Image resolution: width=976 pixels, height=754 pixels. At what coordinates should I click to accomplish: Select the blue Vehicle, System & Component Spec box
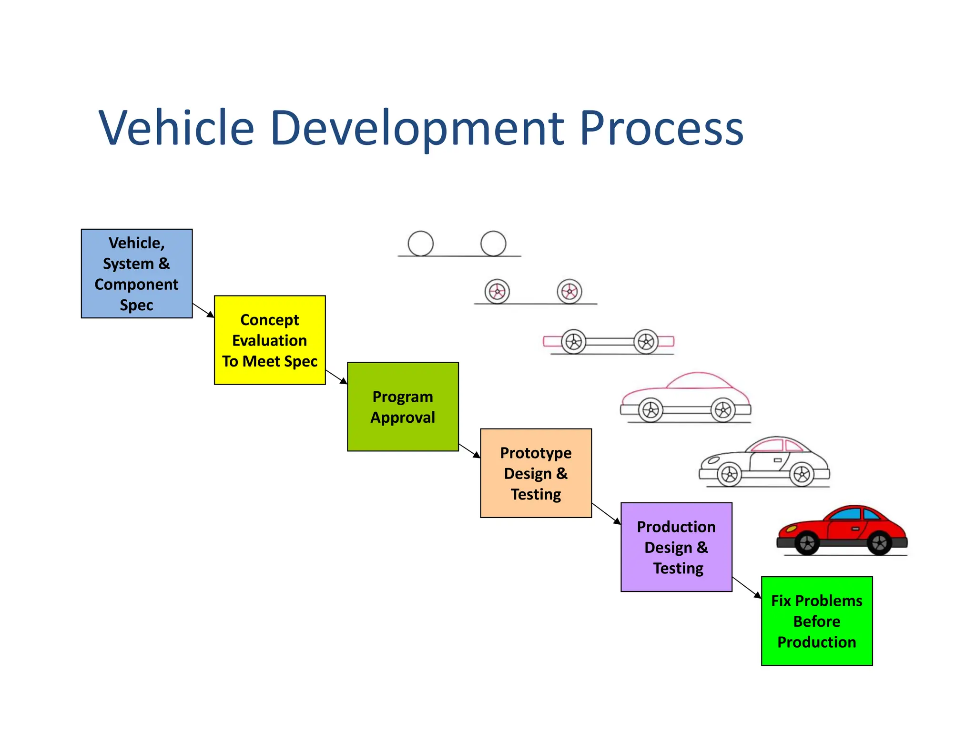(137, 274)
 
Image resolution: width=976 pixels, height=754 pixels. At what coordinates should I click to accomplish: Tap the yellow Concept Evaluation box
(270, 340)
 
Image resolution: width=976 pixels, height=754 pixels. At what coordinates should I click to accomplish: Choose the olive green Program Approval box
(403, 407)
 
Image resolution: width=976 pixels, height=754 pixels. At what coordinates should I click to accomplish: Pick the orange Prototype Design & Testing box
(536, 473)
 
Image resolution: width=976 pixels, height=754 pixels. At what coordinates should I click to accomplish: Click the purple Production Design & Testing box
(676, 547)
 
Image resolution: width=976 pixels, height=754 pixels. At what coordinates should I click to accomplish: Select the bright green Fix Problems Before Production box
(816, 621)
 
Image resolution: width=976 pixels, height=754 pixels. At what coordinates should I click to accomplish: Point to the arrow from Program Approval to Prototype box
(469, 451)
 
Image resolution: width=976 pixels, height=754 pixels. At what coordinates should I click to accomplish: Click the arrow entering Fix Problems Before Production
(747, 587)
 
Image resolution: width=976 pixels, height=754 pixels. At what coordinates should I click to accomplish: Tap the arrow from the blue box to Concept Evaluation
(203, 310)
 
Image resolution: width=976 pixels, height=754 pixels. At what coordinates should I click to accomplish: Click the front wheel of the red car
(807, 543)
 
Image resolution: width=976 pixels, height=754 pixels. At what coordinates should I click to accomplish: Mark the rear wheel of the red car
(879, 543)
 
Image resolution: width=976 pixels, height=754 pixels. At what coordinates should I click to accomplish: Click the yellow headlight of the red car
(791, 528)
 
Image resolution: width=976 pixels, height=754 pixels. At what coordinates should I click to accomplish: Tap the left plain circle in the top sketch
(420, 244)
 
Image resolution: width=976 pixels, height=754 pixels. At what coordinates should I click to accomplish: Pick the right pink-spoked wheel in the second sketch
(569, 291)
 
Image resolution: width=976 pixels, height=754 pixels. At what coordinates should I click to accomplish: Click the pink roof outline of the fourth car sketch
(699, 377)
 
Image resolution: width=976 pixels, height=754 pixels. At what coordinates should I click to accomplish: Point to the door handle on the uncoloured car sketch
(777, 460)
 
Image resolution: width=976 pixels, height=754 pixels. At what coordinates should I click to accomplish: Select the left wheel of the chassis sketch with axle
(574, 341)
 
